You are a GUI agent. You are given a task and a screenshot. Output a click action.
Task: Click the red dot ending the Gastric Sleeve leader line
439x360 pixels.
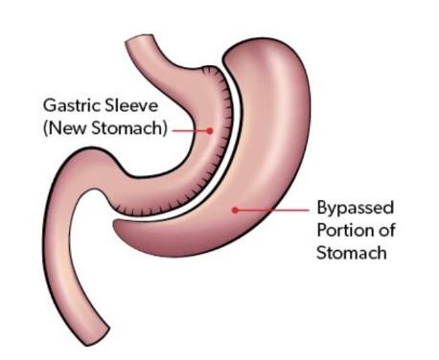(210, 129)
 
